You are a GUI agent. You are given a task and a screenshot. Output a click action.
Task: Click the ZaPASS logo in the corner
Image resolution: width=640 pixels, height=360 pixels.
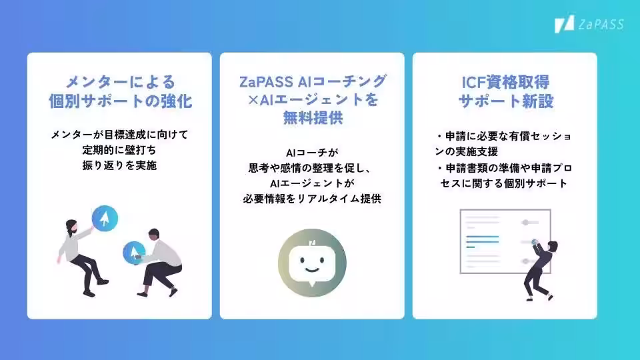(x=588, y=24)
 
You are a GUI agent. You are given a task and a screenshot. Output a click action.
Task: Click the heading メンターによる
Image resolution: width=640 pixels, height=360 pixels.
(x=120, y=82)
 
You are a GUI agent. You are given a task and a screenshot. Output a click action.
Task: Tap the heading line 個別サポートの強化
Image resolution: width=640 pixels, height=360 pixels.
(x=120, y=102)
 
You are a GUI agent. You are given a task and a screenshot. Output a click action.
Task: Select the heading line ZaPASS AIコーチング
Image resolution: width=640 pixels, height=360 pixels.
(x=312, y=81)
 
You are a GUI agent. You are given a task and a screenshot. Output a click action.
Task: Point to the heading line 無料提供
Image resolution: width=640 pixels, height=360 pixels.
(x=312, y=120)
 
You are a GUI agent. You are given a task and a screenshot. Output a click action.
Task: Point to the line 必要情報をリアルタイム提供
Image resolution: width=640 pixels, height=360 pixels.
(x=312, y=199)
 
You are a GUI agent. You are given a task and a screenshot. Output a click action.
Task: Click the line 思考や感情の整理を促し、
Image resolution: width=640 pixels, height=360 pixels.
(x=312, y=168)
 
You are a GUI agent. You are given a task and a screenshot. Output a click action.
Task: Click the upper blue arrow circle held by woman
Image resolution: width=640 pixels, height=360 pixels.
(x=105, y=217)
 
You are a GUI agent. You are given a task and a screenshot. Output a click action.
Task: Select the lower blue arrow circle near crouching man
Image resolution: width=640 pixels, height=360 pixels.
(x=134, y=251)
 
